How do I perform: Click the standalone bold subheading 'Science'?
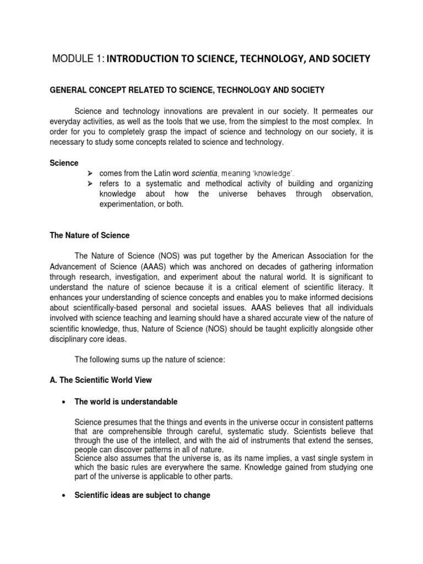tap(65, 163)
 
